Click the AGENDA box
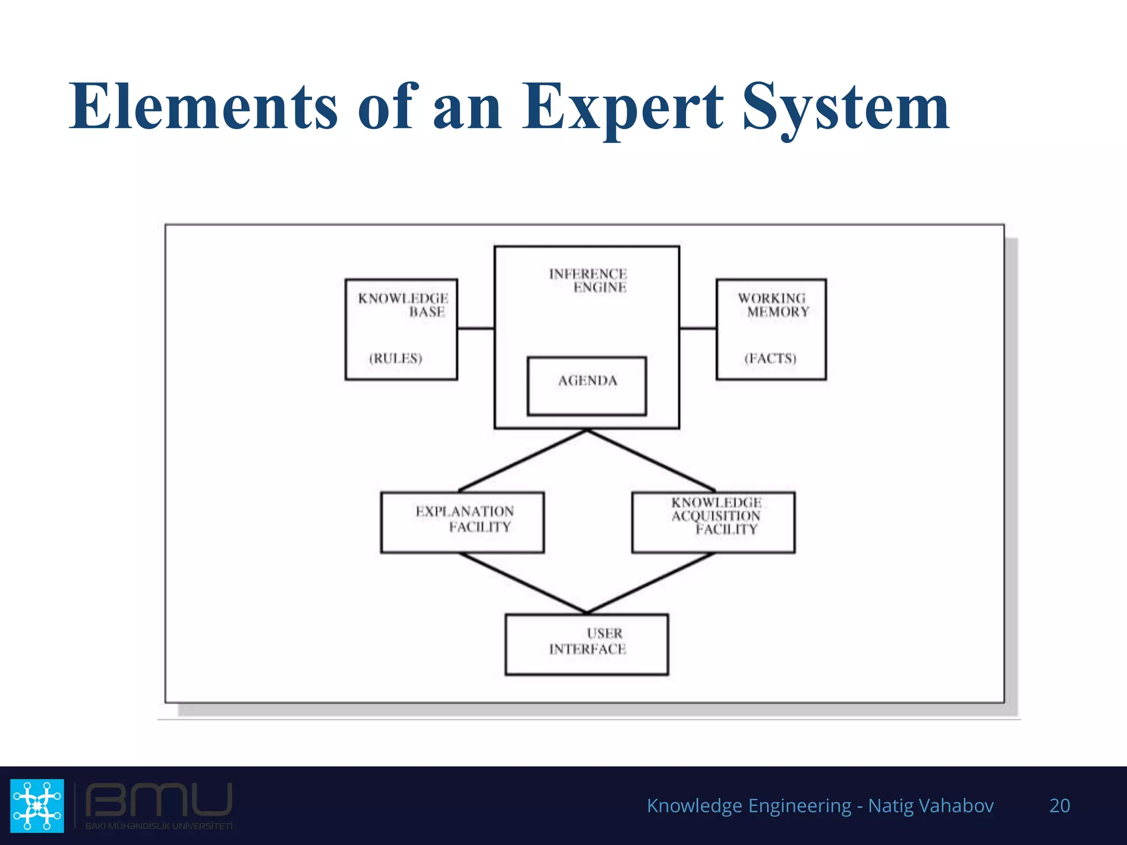(587, 386)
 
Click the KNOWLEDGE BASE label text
(403, 305)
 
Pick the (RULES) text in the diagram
(396, 358)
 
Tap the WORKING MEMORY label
(773, 305)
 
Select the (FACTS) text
(770, 358)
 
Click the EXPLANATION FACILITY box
(462, 522)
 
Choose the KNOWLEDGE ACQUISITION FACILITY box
(714, 522)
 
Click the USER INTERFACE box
(587, 644)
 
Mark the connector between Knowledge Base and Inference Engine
(476, 328)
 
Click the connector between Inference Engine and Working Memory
(698, 328)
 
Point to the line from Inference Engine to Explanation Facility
(523, 460)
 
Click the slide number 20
(1059, 805)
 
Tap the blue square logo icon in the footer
(37, 805)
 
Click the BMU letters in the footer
(158, 800)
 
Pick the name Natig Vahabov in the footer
(931, 805)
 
